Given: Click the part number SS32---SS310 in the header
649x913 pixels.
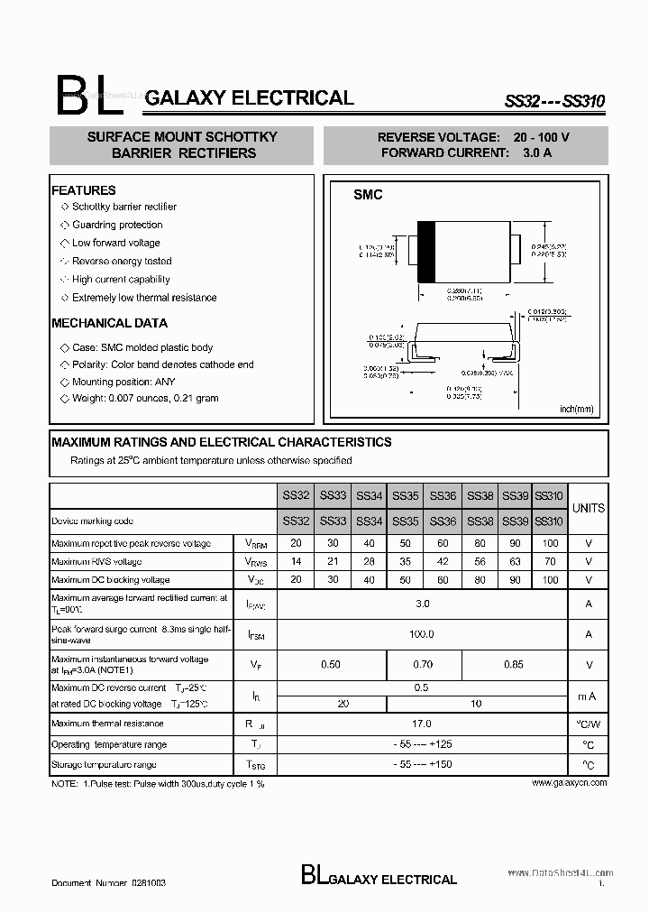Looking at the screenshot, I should [553, 103].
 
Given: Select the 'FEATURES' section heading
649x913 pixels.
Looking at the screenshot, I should [84, 190].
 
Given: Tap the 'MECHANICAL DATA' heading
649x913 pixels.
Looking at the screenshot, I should [109, 323].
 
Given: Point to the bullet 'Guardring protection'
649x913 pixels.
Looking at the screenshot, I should [117, 225].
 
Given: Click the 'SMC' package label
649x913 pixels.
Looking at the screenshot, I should [368, 195].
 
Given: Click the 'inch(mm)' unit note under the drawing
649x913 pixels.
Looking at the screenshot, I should [577, 409].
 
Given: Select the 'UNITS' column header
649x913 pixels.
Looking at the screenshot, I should [589, 508].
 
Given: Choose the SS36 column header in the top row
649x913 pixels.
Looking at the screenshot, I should [443, 495].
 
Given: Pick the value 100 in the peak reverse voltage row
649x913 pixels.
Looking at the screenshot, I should [549, 543].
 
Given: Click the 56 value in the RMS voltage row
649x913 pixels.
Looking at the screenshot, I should [480, 561].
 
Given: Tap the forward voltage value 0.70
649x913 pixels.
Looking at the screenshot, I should [423, 665].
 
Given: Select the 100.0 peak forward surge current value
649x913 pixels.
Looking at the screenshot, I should [422, 634].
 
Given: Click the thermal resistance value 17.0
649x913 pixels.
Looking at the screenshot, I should [422, 724].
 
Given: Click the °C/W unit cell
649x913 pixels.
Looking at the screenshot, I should [589, 724].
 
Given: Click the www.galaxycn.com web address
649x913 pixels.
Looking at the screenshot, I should [569, 783].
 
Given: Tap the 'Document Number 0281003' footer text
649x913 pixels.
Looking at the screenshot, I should [108, 881].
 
